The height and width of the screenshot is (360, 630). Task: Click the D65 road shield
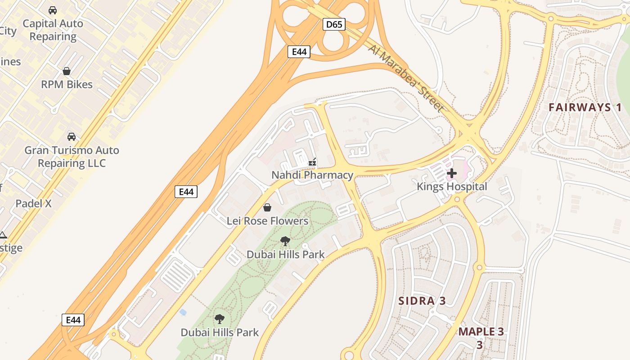click(x=334, y=24)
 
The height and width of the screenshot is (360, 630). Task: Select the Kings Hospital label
click(x=452, y=186)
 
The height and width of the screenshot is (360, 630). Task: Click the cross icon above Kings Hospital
click(x=452, y=173)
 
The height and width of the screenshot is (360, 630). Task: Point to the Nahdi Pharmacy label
click(x=312, y=175)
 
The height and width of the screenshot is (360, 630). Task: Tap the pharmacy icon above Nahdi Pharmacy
click(x=312, y=162)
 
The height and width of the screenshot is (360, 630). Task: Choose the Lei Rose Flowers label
click(x=267, y=221)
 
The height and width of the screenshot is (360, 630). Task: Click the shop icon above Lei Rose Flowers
click(x=267, y=207)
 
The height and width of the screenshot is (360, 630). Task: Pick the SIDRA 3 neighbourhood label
click(x=423, y=301)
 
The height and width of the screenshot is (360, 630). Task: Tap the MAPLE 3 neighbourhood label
click(x=481, y=332)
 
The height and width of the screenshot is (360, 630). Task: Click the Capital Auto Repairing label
click(x=53, y=30)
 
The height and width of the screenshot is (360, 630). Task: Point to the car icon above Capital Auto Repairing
click(x=53, y=10)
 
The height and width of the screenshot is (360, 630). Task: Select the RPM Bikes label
click(x=67, y=84)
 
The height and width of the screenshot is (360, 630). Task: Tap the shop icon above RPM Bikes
click(x=67, y=71)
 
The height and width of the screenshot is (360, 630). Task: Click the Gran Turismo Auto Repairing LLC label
click(x=72, y=157)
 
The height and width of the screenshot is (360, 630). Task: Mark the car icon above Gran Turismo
click(x=72, y=136)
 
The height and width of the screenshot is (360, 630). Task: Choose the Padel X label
click(x=34, y=203)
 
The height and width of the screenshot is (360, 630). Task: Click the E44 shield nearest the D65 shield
click(x=299, y=52)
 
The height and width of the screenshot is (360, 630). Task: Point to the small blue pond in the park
click(x=183, y=311)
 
